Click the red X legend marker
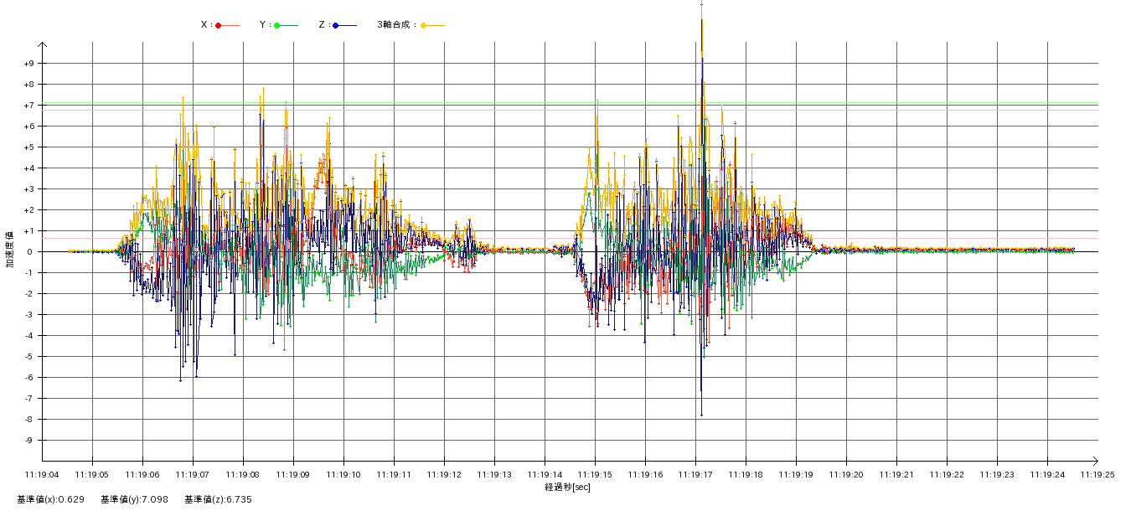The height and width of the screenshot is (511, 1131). click(219, 25)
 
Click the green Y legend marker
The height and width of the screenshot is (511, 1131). click(277, 25)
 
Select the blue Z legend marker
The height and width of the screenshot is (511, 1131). click(336, 25)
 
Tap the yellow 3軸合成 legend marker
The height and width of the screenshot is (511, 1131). click(424, 25)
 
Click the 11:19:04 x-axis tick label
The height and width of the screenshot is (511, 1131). click(42, 474)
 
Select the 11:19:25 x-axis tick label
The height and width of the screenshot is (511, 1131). click(1097, 474)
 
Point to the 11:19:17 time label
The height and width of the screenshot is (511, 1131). click(695, 474)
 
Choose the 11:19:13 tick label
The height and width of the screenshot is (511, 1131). click(494, 474)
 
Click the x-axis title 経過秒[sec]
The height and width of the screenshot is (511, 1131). click(567, 487)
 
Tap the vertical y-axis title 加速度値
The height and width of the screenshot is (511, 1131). click(9, 250)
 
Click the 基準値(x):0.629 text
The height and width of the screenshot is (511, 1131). click(50, 499)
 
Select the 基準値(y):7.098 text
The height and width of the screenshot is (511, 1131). click(134, 499)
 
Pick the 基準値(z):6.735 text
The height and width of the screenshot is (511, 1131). click(218, 499)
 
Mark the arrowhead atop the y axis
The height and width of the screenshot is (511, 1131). click(42, 45)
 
